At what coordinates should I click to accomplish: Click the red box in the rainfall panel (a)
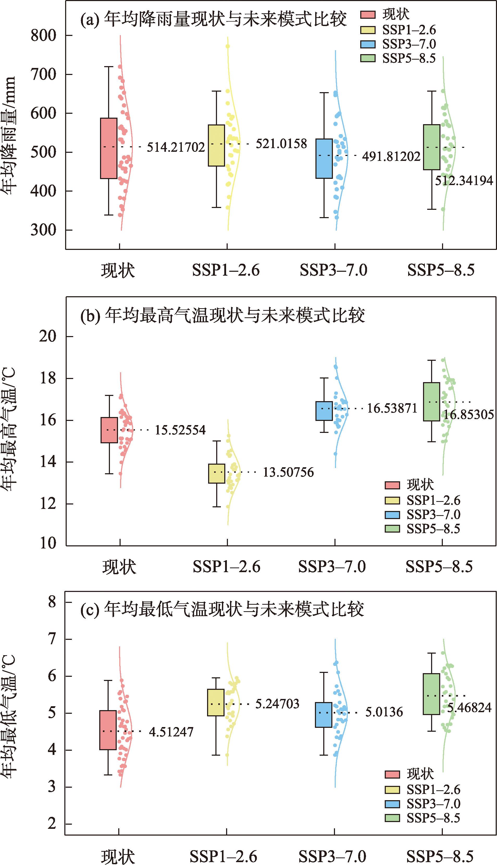pos(109,148)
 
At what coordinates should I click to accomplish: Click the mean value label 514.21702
pos(176,147)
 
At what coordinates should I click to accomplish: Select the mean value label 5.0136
pos(384,712)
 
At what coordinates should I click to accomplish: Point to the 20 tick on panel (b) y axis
pos(47,337)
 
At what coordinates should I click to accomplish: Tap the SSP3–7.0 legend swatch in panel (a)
pos(368,44)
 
